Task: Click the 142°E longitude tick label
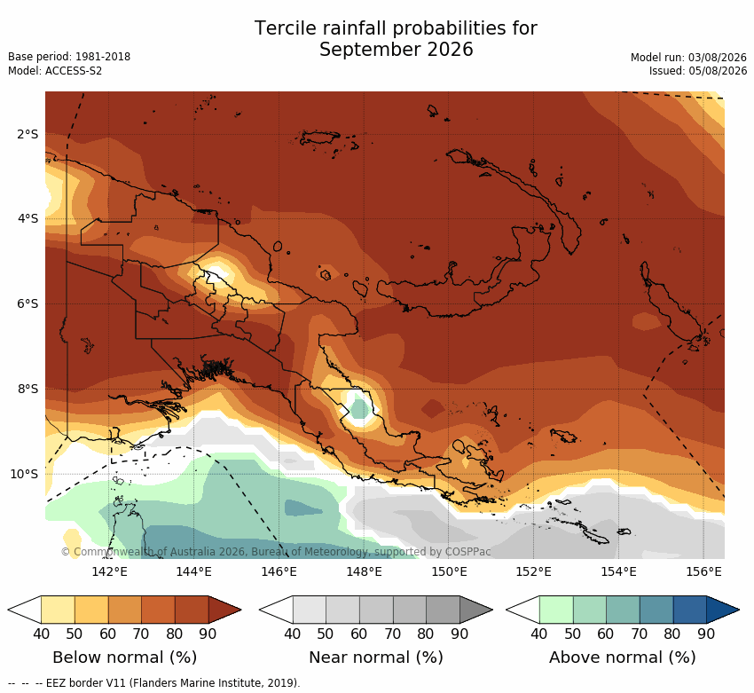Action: click(110, 571)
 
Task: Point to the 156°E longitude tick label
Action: click(703, 571)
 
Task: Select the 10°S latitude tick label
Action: click(24, 474)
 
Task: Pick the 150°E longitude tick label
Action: click(449, 571)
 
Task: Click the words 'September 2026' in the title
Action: click(397, 50)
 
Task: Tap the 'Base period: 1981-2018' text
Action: click(69, 57)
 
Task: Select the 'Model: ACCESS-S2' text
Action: click(55, 71)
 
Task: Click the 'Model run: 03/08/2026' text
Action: click(688, 57)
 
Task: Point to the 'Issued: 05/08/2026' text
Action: click(698, 71)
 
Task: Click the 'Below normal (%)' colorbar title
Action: click(124, 657)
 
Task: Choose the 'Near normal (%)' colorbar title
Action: click(375, 657)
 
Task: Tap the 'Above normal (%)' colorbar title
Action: click(622, 657)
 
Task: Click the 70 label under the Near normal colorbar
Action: click(392, 634)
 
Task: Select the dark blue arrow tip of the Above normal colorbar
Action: click(723, 610)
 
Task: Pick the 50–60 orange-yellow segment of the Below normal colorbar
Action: click(91, 610)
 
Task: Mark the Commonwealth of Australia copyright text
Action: click(276, 552)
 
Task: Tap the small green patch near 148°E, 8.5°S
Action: click(359, 409)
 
